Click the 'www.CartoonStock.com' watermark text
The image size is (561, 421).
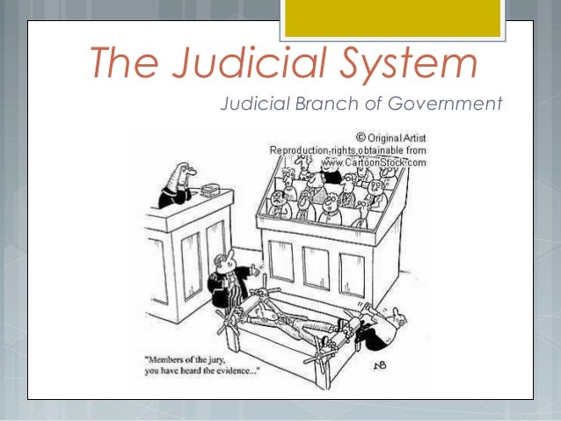point(374,162)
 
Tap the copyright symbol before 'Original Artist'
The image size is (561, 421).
point(361,137)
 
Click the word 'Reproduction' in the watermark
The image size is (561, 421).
point(303,149)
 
